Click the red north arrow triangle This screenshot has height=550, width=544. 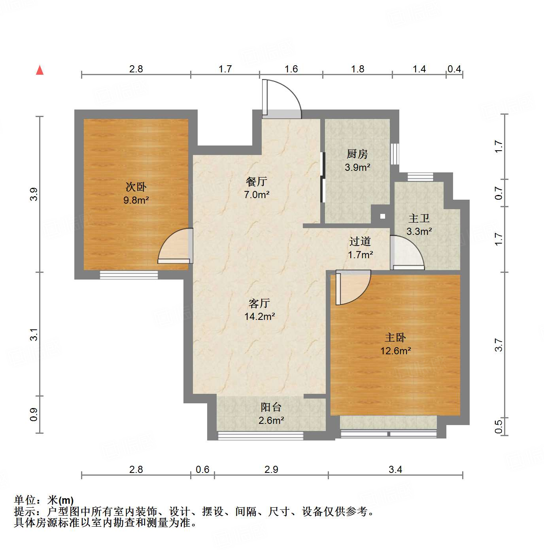click(x=40, y=70)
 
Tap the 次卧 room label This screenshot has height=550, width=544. click(x=136, y=186)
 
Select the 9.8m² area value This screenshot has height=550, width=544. click(x=136, y=200)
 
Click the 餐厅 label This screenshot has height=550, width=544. click(x=257, y=181)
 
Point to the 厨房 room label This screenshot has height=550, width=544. click(x=357, y=154)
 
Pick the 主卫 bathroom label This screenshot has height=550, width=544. click(x=419, y=218)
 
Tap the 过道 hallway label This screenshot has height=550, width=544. click(x=360, y=241)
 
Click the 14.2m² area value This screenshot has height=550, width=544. click(x=259, y=316)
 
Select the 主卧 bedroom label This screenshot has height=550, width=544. click(x=395, y=337)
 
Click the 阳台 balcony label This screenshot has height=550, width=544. click(x=271, y=407)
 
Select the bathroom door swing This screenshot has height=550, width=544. click(x=407, y=253)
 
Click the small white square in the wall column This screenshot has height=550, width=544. click(x=383, y=216)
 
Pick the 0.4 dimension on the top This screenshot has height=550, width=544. click(x=454, y=69)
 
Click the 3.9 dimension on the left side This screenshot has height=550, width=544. click(x=34, y=194)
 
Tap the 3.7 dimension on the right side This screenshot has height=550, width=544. click(x=499, y=345)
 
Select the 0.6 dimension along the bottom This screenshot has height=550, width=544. click(x=202, y=469)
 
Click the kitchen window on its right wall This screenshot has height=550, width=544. click(x=395, y=153)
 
